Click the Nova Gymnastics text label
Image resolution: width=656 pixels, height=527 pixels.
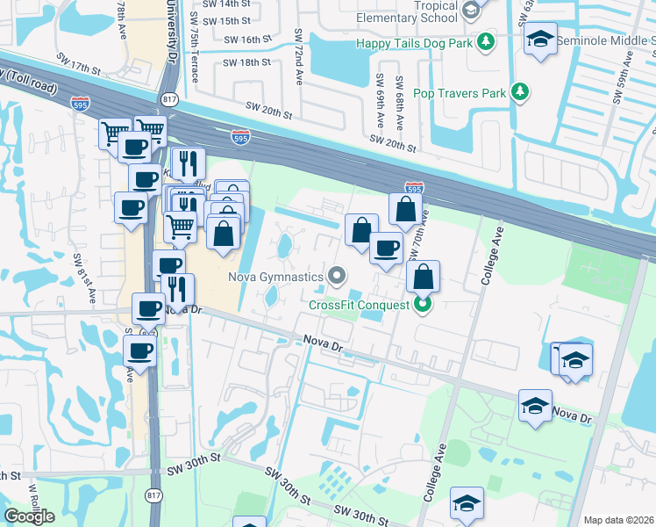275,277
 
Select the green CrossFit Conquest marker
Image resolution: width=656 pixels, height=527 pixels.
423,305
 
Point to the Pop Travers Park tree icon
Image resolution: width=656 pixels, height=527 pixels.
521,91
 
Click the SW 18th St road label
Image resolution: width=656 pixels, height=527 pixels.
246,62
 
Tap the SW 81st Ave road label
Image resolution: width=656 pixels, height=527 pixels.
78,274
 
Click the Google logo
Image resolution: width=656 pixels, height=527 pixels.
29,516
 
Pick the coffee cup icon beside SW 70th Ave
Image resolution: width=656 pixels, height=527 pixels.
385,248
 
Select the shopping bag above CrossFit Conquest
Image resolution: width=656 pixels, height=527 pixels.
423,277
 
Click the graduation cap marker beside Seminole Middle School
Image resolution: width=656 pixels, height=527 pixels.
541,40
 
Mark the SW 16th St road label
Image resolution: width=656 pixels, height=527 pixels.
245,40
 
